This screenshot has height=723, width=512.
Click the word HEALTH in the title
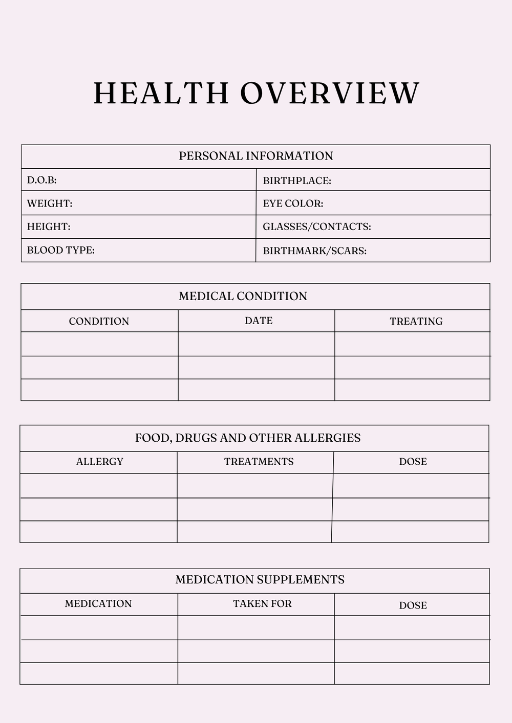[161, 93]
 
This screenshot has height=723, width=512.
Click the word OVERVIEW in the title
[330, 93]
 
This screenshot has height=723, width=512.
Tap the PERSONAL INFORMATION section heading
[255, 156]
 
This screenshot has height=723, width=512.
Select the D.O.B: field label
[42, 180]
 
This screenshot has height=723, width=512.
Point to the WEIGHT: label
[50, 204]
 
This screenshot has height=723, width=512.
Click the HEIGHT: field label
[49, 227]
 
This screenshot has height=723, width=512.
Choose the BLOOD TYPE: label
[61, 250]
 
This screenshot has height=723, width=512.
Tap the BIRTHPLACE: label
[297, 180]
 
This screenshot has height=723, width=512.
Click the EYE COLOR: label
[293, 204]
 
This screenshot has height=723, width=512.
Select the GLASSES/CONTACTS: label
[317, 227]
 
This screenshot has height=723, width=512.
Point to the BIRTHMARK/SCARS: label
[315, 251]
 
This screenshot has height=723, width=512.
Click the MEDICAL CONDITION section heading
[243, 296]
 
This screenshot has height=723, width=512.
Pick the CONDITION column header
[99, 321]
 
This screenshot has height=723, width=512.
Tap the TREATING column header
[416, 321]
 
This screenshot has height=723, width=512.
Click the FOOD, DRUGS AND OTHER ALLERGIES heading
[248, 438]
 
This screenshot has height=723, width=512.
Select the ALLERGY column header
[100, 461]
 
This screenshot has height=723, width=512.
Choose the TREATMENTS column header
[259, 461]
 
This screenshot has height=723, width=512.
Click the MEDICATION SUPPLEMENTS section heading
[260, 579]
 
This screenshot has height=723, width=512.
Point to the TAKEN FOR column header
[262, 603]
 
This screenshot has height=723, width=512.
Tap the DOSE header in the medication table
[413, 605]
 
